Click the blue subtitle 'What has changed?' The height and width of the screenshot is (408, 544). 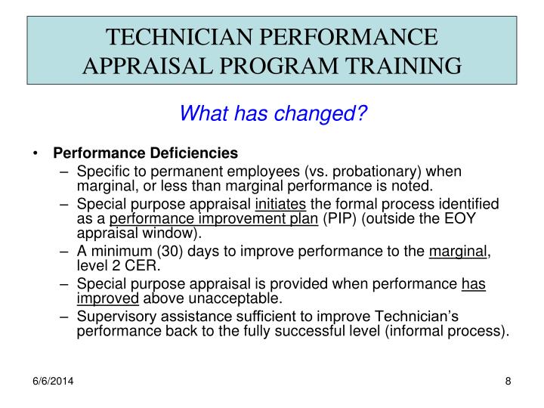click(x=272, y=114)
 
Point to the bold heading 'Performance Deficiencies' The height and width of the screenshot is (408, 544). click(x=145, y=153)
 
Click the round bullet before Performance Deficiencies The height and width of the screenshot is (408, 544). click(x=36, y=153)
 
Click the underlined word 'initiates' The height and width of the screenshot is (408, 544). click(x=281, y=205)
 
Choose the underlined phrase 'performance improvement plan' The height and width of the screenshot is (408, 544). click(x=215, y=219)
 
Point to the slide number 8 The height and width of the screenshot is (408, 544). click(x=508, y=382)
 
